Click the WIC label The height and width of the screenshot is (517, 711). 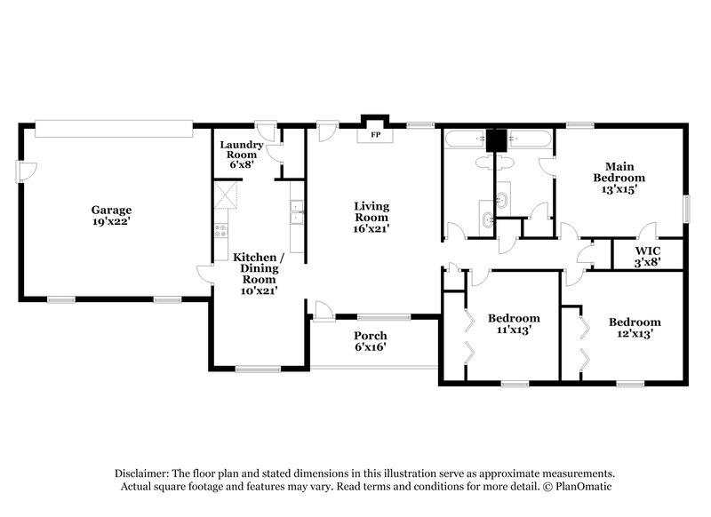[x=646, y=250]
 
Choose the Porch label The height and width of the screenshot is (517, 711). [x=371, y=335]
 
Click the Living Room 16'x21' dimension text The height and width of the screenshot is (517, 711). [x=371, y=228]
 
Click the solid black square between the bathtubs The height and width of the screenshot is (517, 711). [x=495, y=139]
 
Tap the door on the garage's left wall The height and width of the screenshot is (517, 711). [x=27, y=171]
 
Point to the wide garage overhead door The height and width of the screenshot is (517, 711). [x=113, y=130]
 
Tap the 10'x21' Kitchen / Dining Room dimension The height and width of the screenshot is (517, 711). [x=256, y=290]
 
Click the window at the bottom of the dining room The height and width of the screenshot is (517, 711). [x=259, y=368]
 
